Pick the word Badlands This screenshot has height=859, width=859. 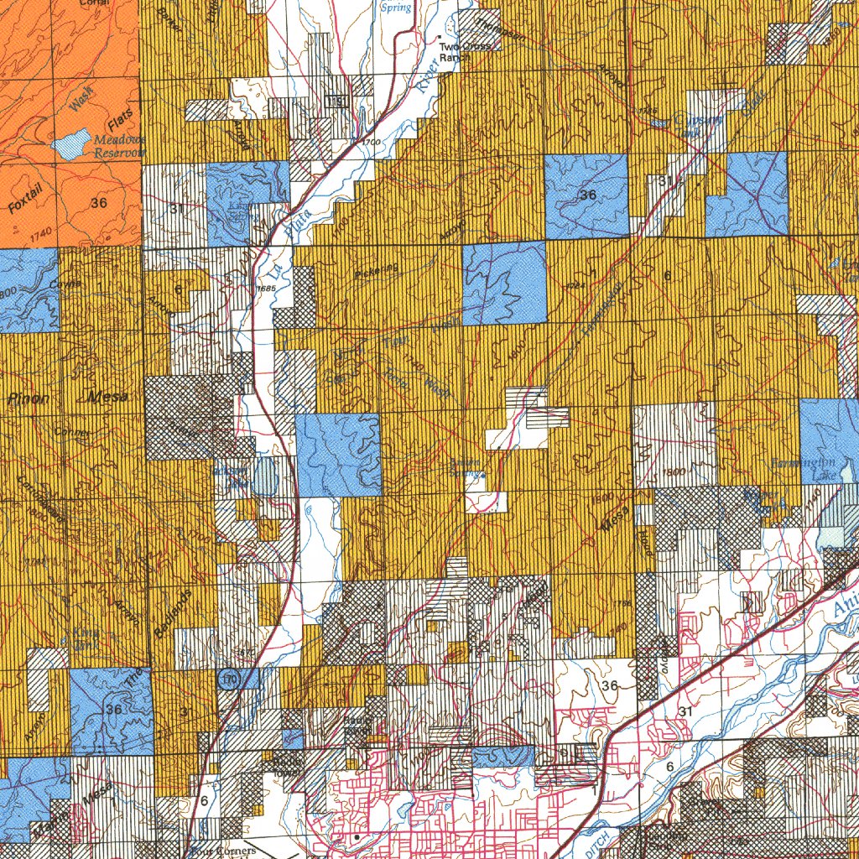click(173, 614)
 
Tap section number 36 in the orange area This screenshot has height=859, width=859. click(99, 202)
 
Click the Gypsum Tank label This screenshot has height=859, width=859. click(700, 125)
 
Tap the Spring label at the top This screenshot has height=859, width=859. click(396, 8)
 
